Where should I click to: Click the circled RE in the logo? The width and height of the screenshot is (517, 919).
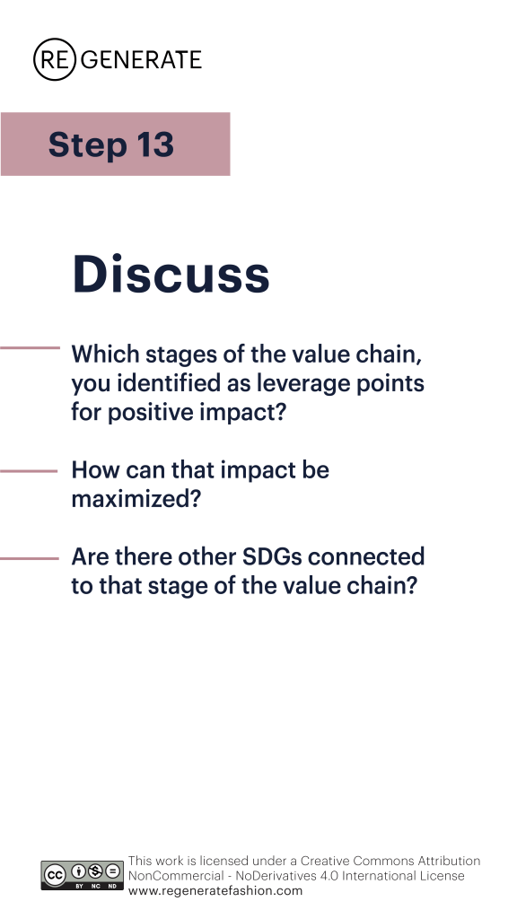55,59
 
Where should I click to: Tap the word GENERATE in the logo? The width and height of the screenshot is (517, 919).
141,60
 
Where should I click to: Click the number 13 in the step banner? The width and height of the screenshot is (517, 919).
155,144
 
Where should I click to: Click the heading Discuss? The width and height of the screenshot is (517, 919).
171,274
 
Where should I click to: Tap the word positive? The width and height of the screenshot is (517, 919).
151,413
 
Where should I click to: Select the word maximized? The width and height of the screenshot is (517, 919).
136,499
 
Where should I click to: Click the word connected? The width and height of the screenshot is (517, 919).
366,556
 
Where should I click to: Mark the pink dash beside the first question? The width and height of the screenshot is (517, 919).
30,348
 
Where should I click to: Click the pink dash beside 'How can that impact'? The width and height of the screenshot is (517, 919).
29,470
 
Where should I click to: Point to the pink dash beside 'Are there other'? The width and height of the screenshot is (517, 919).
30,558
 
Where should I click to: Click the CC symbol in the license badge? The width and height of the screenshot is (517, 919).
55,876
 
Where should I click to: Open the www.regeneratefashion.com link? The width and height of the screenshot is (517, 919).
215,891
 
